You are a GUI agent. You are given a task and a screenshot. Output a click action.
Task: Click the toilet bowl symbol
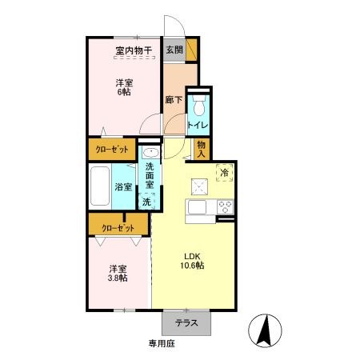click(198, 106)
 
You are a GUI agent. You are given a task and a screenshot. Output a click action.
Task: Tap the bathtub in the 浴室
click(100, 186)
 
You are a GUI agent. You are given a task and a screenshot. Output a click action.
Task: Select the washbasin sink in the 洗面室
click(150, 153)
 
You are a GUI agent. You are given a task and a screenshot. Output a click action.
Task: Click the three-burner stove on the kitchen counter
click(225, 207)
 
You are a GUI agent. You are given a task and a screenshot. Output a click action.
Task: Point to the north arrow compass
click(265, 330)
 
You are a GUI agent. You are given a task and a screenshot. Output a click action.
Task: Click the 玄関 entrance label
click(174, 50)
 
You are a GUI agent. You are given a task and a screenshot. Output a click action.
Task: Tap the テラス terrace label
click(186, 323)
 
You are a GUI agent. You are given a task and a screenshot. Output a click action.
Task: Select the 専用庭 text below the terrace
click(162, 343)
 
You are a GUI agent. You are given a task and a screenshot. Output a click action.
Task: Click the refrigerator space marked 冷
click(224, 173)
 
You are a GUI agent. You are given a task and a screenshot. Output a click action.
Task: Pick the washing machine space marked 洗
click(146, 202)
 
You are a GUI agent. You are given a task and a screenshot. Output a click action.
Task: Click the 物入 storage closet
click(202, 149)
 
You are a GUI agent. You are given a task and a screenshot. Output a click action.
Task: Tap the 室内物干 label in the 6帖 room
click(134, 50)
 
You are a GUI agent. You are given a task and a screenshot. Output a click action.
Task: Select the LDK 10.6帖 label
click(192, 261)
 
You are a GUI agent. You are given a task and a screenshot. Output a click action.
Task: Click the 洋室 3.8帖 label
click(118, 274)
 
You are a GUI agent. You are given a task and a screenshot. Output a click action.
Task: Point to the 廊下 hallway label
click(174, 100)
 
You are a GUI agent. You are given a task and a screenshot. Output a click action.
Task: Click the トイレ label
click(198, 125)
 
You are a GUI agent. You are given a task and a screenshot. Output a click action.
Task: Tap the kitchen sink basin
click(197, 207)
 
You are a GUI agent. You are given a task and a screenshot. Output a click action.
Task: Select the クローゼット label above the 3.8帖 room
click(118, 228)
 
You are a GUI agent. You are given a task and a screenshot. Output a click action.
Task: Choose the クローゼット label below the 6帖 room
click(112, 150)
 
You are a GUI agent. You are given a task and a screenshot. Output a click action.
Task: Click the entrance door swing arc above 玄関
click(179, 22)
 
